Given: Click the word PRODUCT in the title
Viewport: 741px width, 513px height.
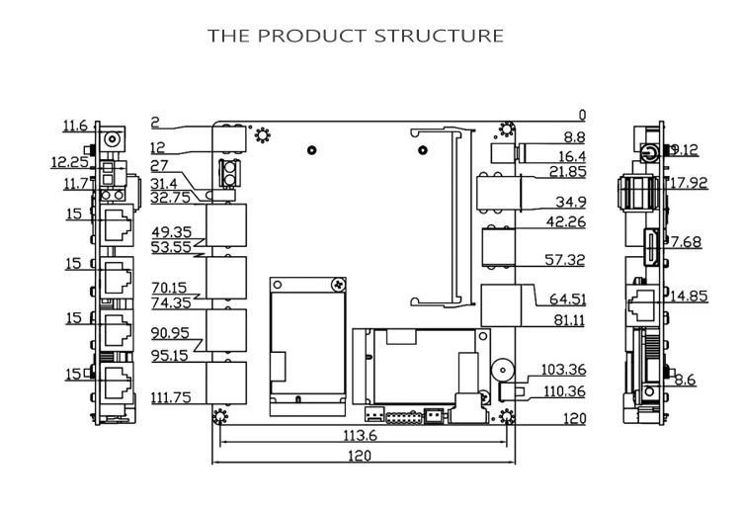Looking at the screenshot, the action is tap(312, 36).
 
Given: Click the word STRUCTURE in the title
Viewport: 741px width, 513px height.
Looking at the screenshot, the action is tap(439, 36).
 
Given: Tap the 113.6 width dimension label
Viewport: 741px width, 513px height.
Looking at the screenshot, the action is tap(360, 435).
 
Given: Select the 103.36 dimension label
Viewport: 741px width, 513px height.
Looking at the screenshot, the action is tap(563, 370).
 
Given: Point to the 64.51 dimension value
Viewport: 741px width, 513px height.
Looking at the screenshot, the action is tap(567, 299).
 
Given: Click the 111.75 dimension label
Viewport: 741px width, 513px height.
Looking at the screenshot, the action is tap(171, 397).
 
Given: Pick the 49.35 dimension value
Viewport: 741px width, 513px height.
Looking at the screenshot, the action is tap(172, 232).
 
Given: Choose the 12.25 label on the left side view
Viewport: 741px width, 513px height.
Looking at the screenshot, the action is tap(70, 162).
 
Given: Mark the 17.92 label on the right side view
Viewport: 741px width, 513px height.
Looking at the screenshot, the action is tap(689, 183).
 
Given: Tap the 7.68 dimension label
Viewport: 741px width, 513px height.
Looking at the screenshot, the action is tap(687, 242).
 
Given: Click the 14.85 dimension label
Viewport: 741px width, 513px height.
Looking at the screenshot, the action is tap(689, 296).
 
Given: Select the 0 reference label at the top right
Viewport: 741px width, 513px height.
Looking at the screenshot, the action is tap(582, 116).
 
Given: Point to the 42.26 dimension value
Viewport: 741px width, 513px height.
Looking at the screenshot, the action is tap(566, 221).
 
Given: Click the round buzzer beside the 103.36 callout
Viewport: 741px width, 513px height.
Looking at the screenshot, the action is tap(501, 370).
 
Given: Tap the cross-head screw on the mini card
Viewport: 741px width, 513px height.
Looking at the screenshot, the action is tap(338, 284).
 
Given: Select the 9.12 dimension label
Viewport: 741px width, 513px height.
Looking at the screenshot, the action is tap(685, 150).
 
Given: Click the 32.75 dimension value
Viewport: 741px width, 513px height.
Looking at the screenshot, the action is tap(171, 197).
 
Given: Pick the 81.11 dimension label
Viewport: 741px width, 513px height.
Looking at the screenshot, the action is tap(569, 320).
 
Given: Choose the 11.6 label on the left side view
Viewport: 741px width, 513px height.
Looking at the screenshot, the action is tap(75, 126).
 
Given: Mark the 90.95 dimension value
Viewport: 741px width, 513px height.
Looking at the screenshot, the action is tap(170, 333).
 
